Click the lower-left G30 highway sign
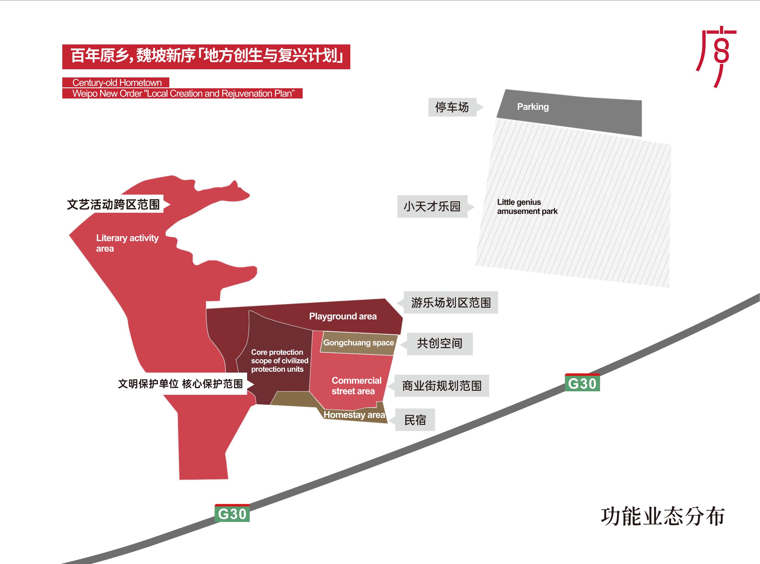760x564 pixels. (x=232, y=513)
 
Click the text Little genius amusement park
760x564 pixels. (x=527, y=207)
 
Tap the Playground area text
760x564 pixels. (x=343, y=316)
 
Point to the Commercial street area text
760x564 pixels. (x=356, y=386)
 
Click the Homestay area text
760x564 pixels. (x=354, y=415)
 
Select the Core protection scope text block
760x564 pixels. (x=279, y=361)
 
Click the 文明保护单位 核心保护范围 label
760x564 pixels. (x=182, y=384)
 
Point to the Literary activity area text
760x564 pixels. (x=127, y=243)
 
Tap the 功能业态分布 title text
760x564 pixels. (x=663, y=517)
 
